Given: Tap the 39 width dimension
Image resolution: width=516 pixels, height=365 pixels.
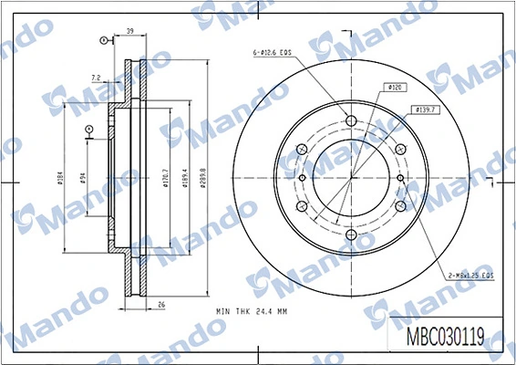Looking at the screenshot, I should click(x=130, y=32).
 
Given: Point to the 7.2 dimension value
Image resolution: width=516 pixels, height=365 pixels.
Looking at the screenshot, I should click(x=97, y=78).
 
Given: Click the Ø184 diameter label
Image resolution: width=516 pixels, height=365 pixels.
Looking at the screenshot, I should click(x=59, y=178).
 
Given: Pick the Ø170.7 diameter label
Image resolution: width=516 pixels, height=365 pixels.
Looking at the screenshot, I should click(x=165, y=178).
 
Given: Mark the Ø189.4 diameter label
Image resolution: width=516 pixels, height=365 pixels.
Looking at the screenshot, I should click(x=185, y=178).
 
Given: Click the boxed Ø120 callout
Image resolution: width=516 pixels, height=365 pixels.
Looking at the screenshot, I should click(x=396, y=88).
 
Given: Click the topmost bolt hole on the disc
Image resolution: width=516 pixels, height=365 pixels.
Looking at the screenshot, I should click(x=352, y=120).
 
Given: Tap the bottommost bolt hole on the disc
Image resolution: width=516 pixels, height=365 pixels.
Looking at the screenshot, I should click(x=352, y=235).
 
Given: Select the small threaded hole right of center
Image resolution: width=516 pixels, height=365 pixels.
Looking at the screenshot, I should click(x=401, y=178).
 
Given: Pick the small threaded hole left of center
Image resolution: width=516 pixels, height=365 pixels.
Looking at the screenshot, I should click(x=303, y=178).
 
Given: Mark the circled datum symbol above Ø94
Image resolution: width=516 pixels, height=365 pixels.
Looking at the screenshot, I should click(x=88, y=130).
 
